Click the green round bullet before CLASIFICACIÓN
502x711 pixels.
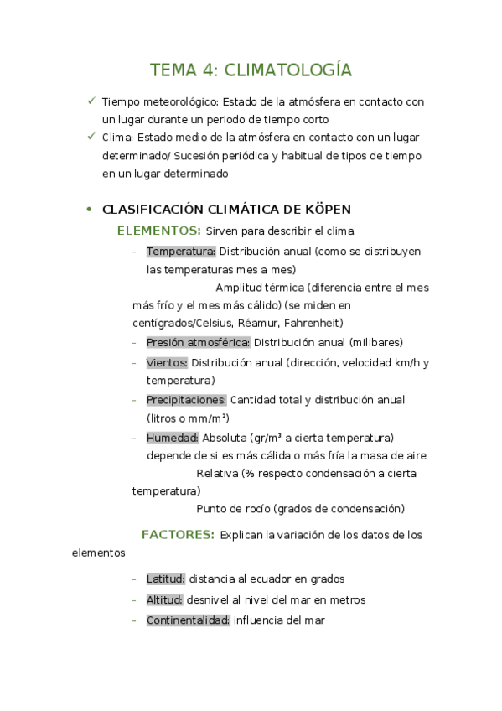click(90, 210)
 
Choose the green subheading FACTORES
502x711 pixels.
click(178, 534)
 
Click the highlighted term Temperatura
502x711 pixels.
click(181, 251)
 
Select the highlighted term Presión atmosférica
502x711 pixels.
click(198, 342)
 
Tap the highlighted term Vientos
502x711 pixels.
click(167, 362)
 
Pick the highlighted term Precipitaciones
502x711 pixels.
click(186, 400)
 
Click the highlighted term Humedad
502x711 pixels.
click(173, 438)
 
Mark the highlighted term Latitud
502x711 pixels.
click(165, 579)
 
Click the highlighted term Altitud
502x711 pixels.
click(164, 599)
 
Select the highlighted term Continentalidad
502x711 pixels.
click(188, 620)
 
